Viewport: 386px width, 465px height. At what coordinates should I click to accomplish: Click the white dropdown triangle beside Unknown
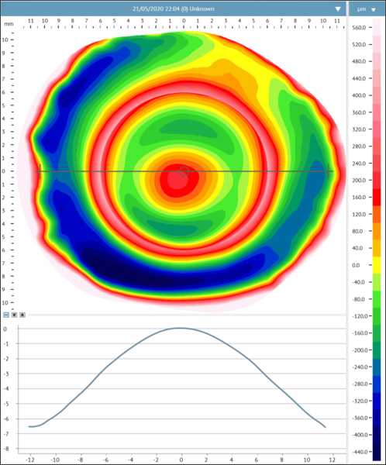tap(338, 9)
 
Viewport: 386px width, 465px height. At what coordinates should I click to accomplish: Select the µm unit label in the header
tap(361, 9)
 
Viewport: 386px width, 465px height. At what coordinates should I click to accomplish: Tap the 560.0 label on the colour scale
tap(359, 28)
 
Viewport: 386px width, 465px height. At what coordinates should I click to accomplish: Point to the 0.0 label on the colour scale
tap(356, 265)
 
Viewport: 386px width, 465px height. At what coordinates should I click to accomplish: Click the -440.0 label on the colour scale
tap(359, 452)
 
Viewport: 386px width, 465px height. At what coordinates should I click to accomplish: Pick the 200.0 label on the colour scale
tap(359, 181)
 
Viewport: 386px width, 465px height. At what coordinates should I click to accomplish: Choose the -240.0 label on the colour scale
tap(359, 367)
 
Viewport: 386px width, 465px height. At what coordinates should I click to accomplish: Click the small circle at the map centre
tap(184, 171)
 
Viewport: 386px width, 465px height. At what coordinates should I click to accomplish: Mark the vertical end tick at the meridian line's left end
tap(40, 171)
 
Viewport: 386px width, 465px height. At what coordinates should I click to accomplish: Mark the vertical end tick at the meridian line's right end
tap(329, 171)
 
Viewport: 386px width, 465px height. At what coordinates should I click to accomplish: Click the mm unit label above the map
tap(9, 24)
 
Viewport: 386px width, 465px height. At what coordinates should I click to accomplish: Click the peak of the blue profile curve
tap(180, 328)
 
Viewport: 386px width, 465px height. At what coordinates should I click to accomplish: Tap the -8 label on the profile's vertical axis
tap(5, 449)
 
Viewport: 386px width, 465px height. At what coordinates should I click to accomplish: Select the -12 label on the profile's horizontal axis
tap(30, 460)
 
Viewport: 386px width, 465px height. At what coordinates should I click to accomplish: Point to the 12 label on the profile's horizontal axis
tap(333, 460)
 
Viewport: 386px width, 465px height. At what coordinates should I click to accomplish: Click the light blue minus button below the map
tap(6, 315)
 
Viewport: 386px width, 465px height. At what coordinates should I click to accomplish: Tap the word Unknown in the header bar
tap(202, 9)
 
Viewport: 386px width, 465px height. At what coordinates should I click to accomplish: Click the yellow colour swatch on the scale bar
tap(377, 265)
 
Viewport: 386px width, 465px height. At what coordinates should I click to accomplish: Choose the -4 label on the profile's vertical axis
tap(5, 389)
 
